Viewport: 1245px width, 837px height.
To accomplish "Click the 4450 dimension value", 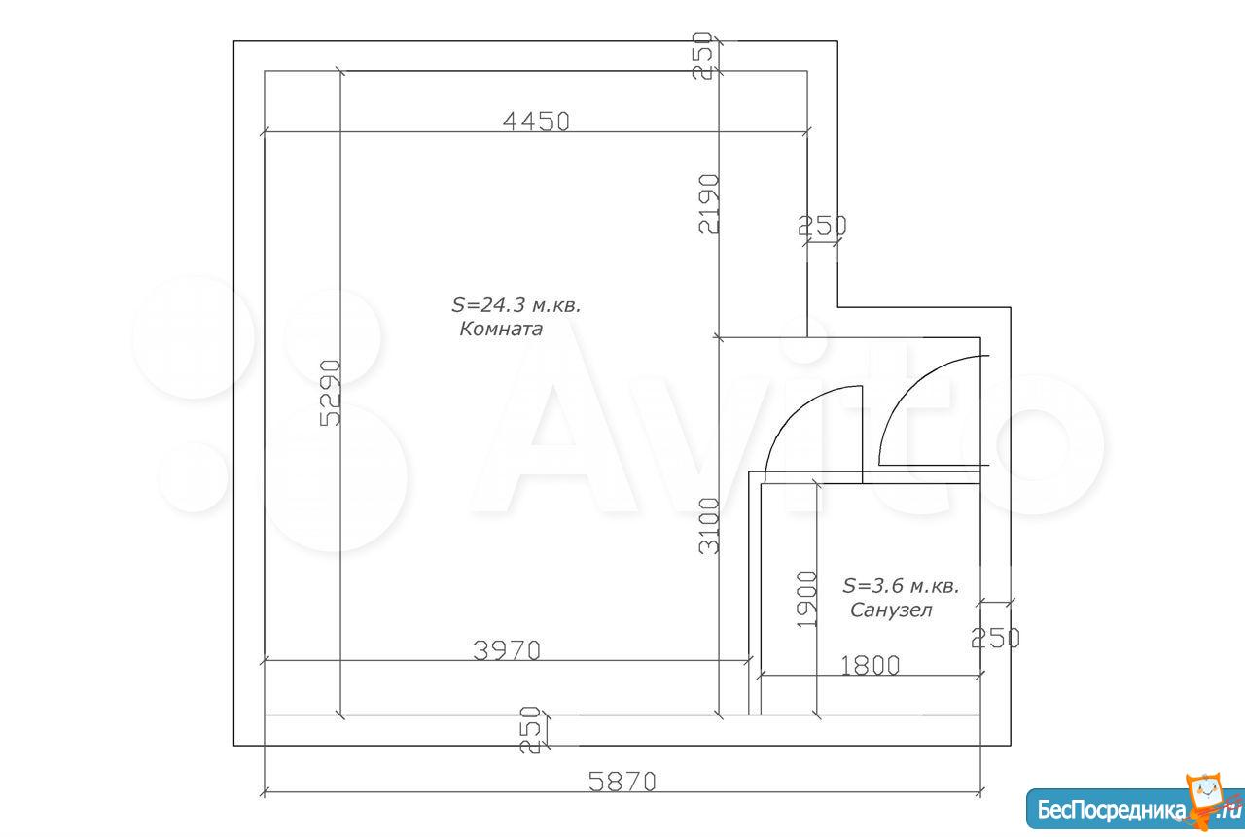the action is (536, 122).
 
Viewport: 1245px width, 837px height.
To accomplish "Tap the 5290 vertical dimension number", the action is (330, 393).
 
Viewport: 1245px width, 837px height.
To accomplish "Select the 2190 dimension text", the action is (709, 204).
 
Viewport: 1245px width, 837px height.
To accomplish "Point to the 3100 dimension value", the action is (709, 526).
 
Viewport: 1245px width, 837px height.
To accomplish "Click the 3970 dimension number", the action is (507, 650).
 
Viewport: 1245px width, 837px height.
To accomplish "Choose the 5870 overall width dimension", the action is (622, 782).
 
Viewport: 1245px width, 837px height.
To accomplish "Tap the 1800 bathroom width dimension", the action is (870, 665).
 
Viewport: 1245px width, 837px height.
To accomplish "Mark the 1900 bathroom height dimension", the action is (807, 599).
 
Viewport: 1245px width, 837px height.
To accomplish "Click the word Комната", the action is (501, 330).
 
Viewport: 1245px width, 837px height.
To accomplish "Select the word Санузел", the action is (891, 610).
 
